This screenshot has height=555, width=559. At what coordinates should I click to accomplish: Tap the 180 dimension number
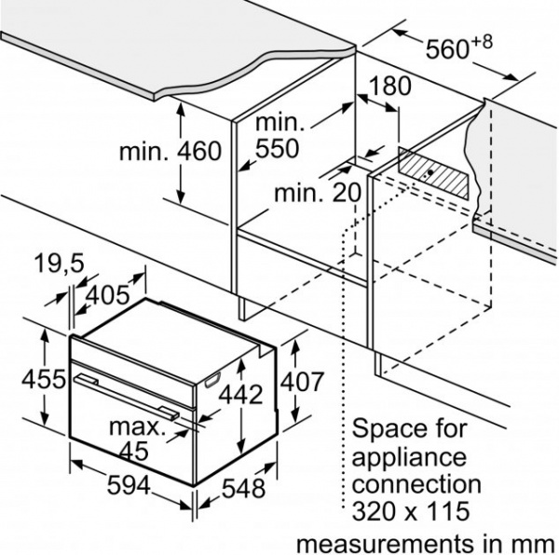(390, 86)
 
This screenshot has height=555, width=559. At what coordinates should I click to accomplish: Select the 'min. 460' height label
(170, 151)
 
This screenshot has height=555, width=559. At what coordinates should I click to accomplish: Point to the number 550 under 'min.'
(277, 148)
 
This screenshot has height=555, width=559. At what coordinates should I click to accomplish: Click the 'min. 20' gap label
(318, 193)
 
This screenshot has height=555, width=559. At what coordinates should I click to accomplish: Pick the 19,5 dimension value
(59, 264)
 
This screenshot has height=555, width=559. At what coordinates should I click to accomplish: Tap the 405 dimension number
(108, 295)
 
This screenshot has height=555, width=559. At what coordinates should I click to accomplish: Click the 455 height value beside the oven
(44, 379)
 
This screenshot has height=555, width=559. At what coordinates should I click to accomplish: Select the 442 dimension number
(240, 395)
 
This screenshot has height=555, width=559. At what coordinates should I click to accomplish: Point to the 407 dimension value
(302, 382)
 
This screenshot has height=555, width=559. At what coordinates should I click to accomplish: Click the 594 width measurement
(129, 485)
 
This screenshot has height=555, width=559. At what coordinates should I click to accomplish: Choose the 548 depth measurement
(243, 488)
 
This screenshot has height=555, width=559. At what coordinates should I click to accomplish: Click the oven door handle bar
(127, 397)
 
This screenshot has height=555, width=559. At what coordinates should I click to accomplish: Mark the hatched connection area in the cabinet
(433, 173)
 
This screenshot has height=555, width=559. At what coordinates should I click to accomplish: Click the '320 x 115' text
(410, 511)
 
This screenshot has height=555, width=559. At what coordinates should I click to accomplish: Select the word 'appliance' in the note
(409, 458)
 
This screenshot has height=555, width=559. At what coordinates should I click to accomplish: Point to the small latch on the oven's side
(212, 379)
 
